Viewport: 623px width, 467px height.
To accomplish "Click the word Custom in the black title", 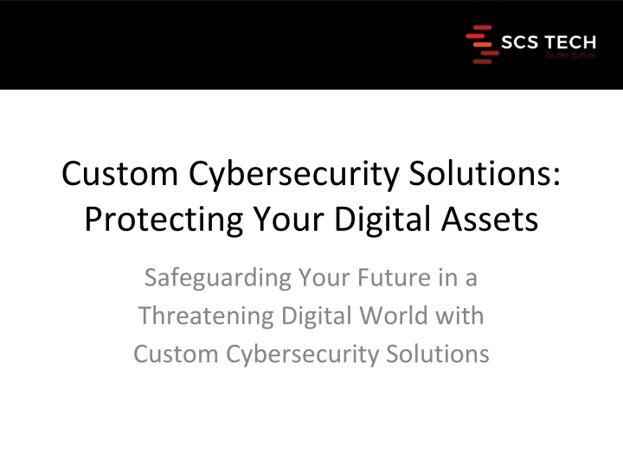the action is (x=119, y=174).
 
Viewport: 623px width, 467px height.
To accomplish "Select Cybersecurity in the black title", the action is (x=293, y=175).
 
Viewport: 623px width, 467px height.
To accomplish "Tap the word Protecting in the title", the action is (x=164, y=220).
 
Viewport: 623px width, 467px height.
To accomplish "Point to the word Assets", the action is (x=490, y=219).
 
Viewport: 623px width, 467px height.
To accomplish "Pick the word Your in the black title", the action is (x=289, y=219).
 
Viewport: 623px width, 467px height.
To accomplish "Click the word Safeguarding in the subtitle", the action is (x=218, y=278).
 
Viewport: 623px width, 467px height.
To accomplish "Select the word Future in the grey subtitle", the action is (x=395, y=278).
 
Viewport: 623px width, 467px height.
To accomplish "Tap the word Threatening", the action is (x=206, y=317).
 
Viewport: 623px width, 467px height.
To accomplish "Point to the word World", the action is (x=394, y=316).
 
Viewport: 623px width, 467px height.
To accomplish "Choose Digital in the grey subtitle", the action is (x=317, y=317).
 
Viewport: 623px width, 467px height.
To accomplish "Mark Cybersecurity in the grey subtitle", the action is (x=302, y=355).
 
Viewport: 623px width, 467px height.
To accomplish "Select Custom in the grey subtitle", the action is (x=176, y=354).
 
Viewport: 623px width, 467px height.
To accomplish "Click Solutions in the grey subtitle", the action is (x=438, y=354).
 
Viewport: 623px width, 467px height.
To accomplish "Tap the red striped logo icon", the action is (x=482, y=44).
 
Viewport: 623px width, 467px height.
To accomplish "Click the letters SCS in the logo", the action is (x=520, y=42).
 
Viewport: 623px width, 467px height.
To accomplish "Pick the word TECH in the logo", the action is (x=569, y=42).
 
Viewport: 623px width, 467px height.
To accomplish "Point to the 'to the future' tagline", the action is (x=571, y=55).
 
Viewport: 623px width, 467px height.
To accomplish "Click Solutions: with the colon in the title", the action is (x=485, y=174).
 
